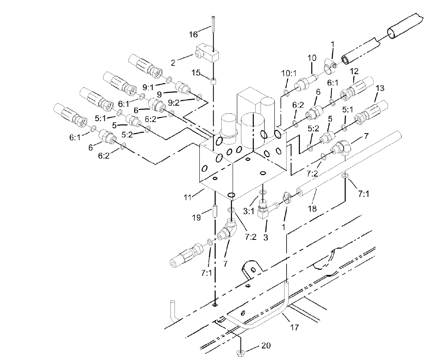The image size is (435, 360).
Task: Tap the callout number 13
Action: [x=380, y=88]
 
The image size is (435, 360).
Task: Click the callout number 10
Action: [x=312, y=58]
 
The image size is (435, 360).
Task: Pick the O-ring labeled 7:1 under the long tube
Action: [x=345, y=176]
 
